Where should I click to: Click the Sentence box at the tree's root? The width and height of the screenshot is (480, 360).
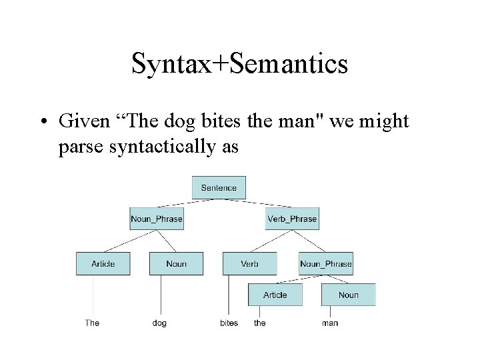click(219, 187)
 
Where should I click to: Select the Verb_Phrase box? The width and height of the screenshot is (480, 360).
click(292, 219)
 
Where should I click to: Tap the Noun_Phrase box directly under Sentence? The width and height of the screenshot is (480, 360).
click(157, 219)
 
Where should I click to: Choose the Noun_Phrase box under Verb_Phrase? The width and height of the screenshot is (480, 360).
click(326, 263)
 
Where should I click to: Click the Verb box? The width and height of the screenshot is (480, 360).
click(249, 263)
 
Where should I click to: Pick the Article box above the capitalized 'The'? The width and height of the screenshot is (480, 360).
click(103, 263)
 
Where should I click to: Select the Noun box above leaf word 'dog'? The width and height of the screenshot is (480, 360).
click(176, 263)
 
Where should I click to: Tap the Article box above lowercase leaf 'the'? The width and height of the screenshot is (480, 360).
click(275, 295)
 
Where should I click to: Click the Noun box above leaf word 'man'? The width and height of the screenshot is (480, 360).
click(348, 295)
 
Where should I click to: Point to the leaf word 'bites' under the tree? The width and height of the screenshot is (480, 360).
click(229, 323)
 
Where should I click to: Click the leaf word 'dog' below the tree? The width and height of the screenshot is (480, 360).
click(159, 323)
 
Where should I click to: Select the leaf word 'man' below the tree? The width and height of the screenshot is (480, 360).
click(330, 323)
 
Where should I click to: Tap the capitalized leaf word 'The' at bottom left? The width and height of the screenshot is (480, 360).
click(92, 323)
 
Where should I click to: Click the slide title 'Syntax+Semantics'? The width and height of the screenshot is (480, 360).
click(239, 65)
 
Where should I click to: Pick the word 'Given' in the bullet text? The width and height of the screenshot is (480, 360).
click(82, 122)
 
